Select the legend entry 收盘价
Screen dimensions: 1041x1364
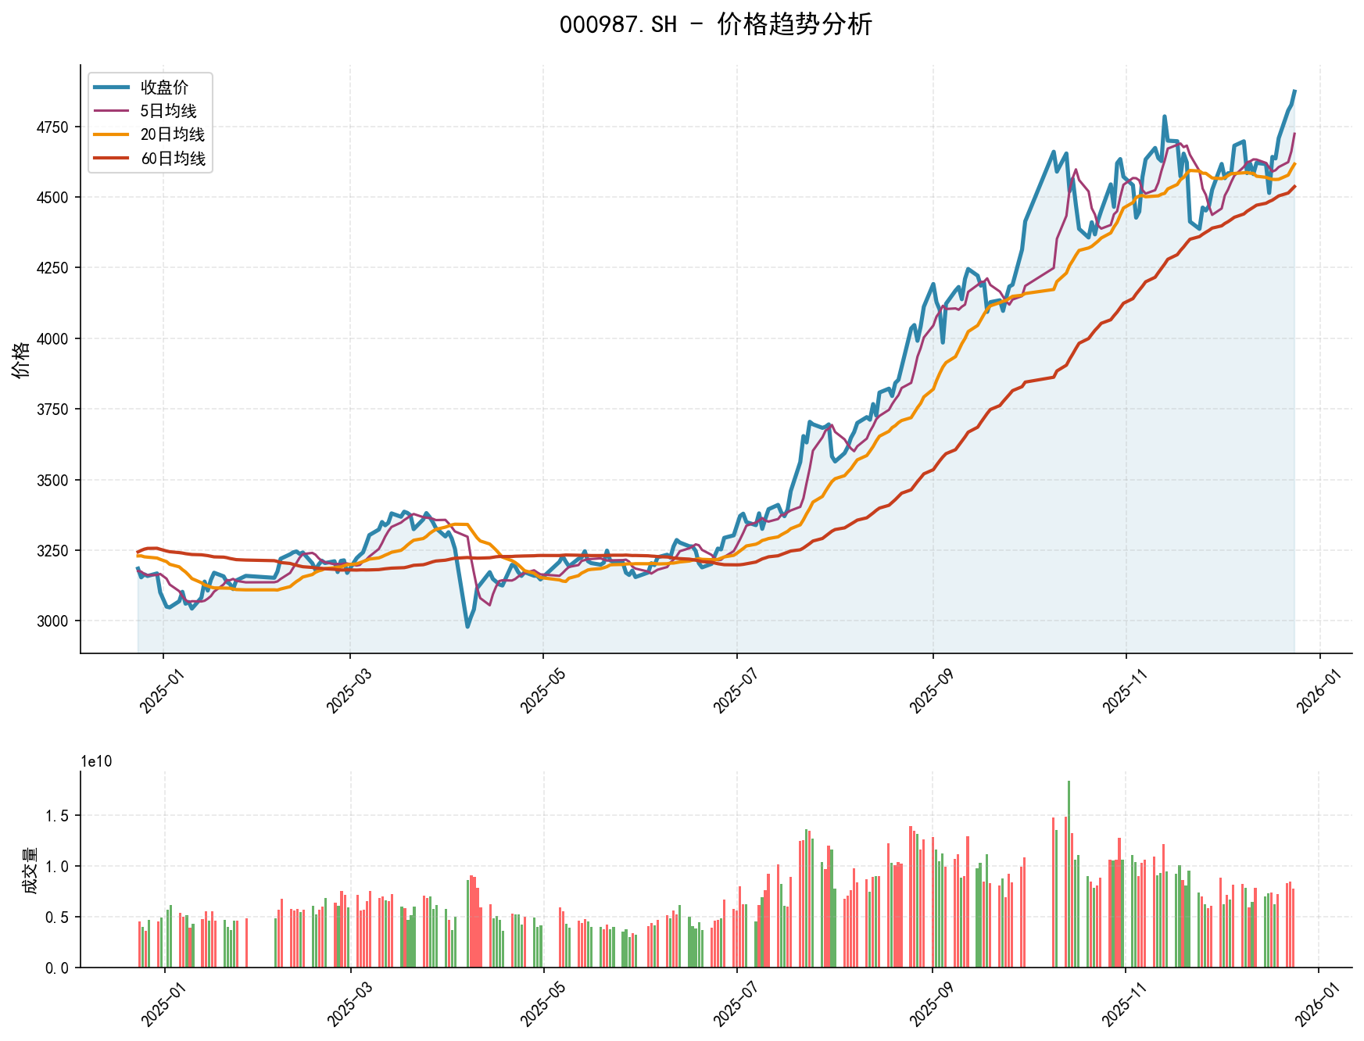(x=164, y=88)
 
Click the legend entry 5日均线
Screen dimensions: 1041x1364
(x=168, y=111)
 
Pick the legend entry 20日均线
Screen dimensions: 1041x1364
(x=172, y=134)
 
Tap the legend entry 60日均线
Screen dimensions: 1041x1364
(x=172, y=159)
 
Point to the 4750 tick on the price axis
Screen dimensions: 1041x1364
(x=52, y=127)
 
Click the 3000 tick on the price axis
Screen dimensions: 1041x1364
(x=52, y=621)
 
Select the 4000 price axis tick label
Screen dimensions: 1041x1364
(x=52, y=338)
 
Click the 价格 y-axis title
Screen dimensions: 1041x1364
(x=22, y=360)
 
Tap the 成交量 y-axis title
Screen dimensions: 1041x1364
(x=30, y=870)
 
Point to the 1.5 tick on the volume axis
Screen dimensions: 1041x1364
(x=58, y=816)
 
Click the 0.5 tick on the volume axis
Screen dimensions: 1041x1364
(x=58, y=918)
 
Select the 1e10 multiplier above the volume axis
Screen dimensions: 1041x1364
(x=96, y=762)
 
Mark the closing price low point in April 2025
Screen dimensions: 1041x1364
(x=467, y=627)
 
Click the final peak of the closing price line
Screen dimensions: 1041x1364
(x=1294, y=91)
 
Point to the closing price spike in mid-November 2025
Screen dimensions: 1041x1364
(x=1165, y=116)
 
